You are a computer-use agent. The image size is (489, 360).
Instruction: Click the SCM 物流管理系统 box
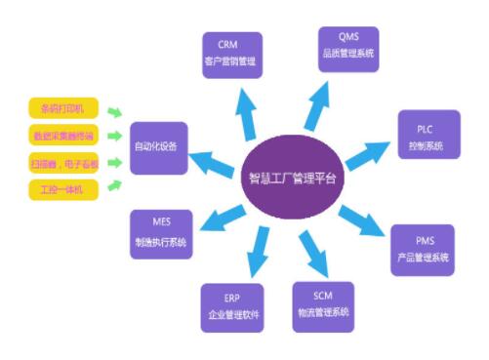pyautogui.click(x=323, y=304)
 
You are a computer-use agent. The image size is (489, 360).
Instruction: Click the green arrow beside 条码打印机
pyautogui.click(x=115, y=111)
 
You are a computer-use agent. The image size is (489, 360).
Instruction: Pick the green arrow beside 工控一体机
pyautogui.click(x=115, y=182)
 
